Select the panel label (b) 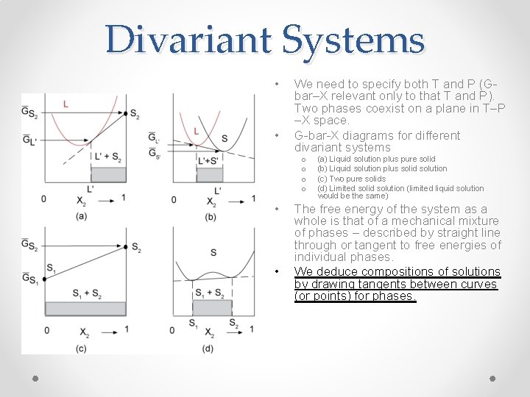(211, 215)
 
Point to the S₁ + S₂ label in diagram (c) (87, 294)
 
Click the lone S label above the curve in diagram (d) (213, 252)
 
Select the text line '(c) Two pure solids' (351, 179)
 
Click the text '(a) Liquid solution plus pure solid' (376, 159)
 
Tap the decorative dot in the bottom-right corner (492, 378)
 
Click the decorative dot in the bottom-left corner (35, 378)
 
